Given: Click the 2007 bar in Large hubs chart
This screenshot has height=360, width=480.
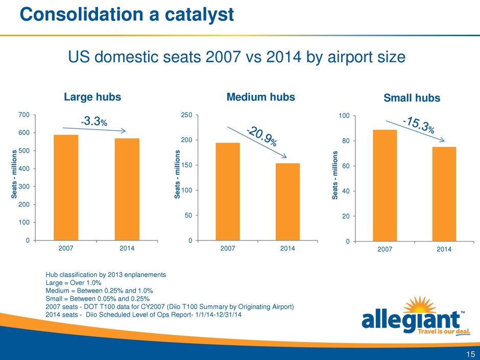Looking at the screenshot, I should click(66, 187).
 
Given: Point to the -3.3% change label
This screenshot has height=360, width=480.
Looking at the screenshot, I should click(94, 121).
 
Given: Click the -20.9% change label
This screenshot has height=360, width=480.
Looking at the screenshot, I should click(261, 136).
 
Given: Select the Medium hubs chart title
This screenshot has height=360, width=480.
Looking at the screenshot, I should click(261, 97).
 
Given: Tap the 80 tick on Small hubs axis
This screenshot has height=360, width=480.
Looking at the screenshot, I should click(344, 141).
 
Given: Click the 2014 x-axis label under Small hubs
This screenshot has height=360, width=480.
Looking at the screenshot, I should click(444, 250).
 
